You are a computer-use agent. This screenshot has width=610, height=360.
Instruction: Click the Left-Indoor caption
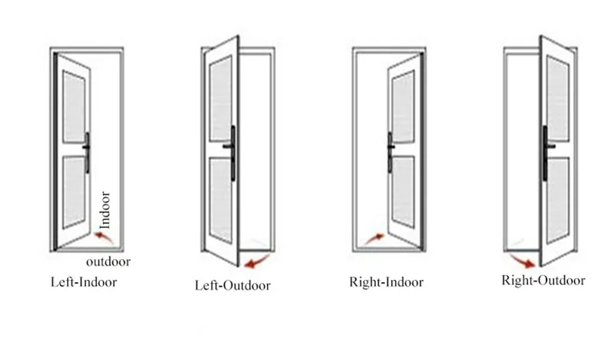(x=84, y=281)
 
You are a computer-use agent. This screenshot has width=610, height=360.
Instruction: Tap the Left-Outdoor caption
(x=232, y=286)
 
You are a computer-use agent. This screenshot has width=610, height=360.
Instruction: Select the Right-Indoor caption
(x=386, y=281)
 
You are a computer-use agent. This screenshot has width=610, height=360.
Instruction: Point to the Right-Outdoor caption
(x=543, y=281)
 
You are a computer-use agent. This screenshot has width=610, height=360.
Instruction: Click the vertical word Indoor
(x=105, y=210)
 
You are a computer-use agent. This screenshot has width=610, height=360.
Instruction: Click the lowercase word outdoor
(x=108, y=262)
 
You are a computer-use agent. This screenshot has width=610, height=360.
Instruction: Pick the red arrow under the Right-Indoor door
(x=375, y=239)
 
